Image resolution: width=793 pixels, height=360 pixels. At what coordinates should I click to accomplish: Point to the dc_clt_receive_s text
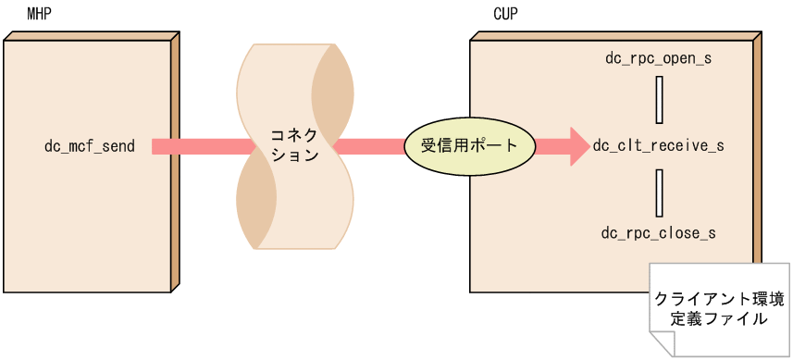coord(658,146)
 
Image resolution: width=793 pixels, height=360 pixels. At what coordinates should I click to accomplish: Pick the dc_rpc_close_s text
coord(658,233)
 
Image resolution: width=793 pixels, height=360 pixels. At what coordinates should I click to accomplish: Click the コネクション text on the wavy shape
coord(294,146)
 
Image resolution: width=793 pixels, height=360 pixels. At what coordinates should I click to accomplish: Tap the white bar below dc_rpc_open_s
coord(658,100)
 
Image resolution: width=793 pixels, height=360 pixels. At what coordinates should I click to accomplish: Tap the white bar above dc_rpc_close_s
coord(658,192)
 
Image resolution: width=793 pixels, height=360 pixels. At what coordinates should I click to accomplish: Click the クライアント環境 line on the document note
coord(719,300)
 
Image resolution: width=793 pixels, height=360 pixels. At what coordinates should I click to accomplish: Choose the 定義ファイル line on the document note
coord(719,320)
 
